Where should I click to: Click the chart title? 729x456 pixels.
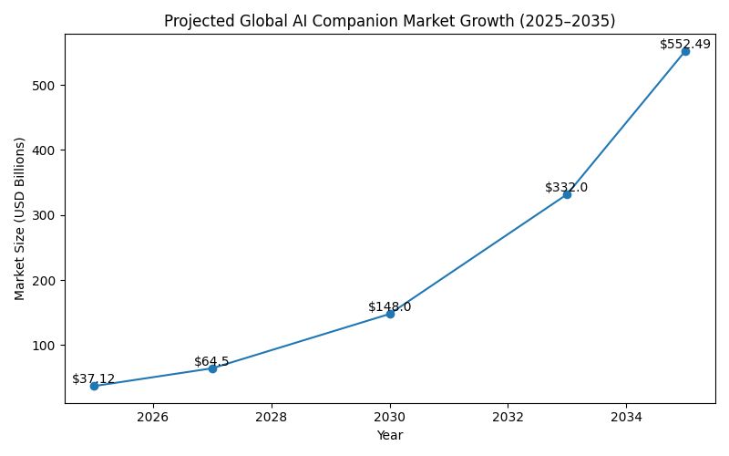tap(389, 22)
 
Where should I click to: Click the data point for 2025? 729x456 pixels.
tap(94, 386)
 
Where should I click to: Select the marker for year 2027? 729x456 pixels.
tap(212, 368)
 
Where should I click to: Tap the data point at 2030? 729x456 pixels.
tap(390, 314)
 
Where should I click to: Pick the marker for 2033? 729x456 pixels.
tap(567, 194)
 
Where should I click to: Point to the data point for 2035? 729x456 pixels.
tap(685, 51)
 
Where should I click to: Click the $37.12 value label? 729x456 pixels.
tap(94, 379)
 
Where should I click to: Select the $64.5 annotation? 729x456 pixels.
tap(211, 362)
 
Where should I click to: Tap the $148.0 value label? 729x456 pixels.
tap(390, 307)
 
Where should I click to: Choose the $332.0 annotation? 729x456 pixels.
tap(567, 188)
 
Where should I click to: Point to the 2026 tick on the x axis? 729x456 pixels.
tap(153, 418)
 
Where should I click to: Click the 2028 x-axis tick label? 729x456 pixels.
tap(272, 418)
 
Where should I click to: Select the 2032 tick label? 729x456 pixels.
tap(508, 418)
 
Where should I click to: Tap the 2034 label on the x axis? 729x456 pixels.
tap(626, 418)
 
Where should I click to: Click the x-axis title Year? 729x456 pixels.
tap(389, 436)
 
